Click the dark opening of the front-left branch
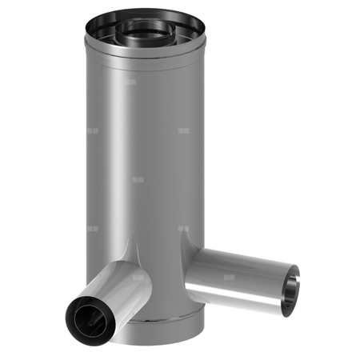pos(86,317)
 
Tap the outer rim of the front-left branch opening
pos(70,308)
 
